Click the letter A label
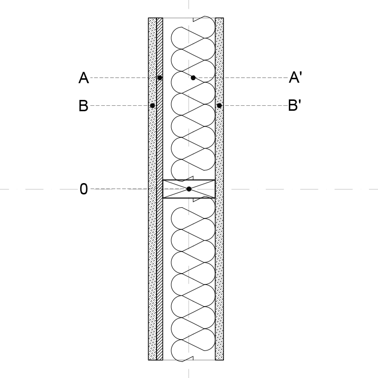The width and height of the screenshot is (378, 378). coord(84,78)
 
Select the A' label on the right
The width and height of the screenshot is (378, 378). coord(295,77)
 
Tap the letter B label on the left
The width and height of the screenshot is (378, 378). coord(83,106)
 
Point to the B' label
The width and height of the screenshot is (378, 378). coord(295,105)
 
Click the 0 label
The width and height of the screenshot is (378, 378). coord(84,189)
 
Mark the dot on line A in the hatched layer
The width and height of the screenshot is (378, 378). coord(159,78)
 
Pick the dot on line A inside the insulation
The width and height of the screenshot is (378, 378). coord(193,78)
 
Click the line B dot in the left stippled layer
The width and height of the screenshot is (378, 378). coord(153,106)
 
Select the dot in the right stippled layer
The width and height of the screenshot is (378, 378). coord(219,106)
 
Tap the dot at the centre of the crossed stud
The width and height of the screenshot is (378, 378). coord(189,189)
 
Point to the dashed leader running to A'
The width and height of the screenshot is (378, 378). coord(242,78)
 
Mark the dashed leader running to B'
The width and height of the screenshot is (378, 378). coord(255,106)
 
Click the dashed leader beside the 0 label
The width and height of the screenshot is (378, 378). coord(119,189)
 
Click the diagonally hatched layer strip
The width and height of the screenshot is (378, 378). coord(159,189)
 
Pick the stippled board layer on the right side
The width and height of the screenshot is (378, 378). coord(220,189)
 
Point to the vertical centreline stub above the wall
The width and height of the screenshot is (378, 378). coord(189,4)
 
